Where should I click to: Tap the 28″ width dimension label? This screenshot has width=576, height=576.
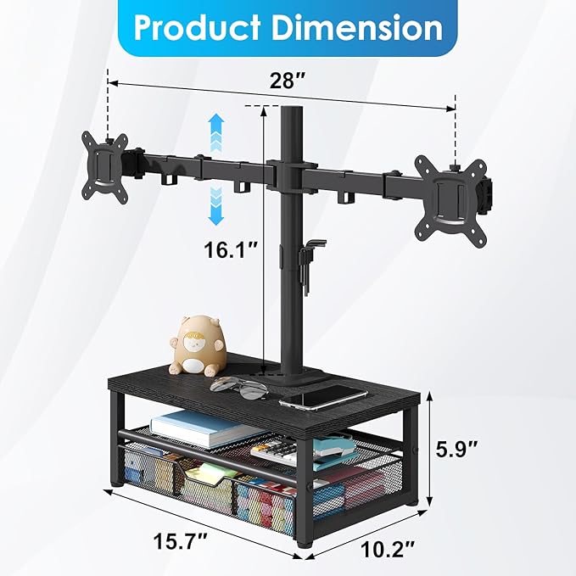(x=288, y=82)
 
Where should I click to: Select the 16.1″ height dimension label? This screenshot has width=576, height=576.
(x=229, y=251)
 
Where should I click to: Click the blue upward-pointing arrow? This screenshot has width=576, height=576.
(x=216, y=135)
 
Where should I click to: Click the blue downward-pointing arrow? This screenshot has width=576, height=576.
(x=216, y=204)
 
